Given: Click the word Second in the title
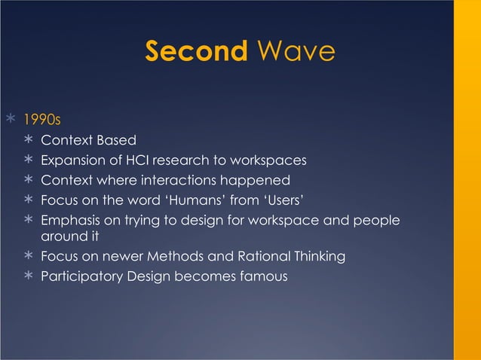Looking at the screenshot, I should point(196,52).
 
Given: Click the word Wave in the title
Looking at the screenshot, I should point(295,52).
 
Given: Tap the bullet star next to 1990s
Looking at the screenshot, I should point(10,119).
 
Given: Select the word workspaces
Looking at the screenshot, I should point(269,160).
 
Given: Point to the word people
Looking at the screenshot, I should point(375,220).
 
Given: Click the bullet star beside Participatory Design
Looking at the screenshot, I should point(28,277).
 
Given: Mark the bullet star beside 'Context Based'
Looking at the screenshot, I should point(28,141).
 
